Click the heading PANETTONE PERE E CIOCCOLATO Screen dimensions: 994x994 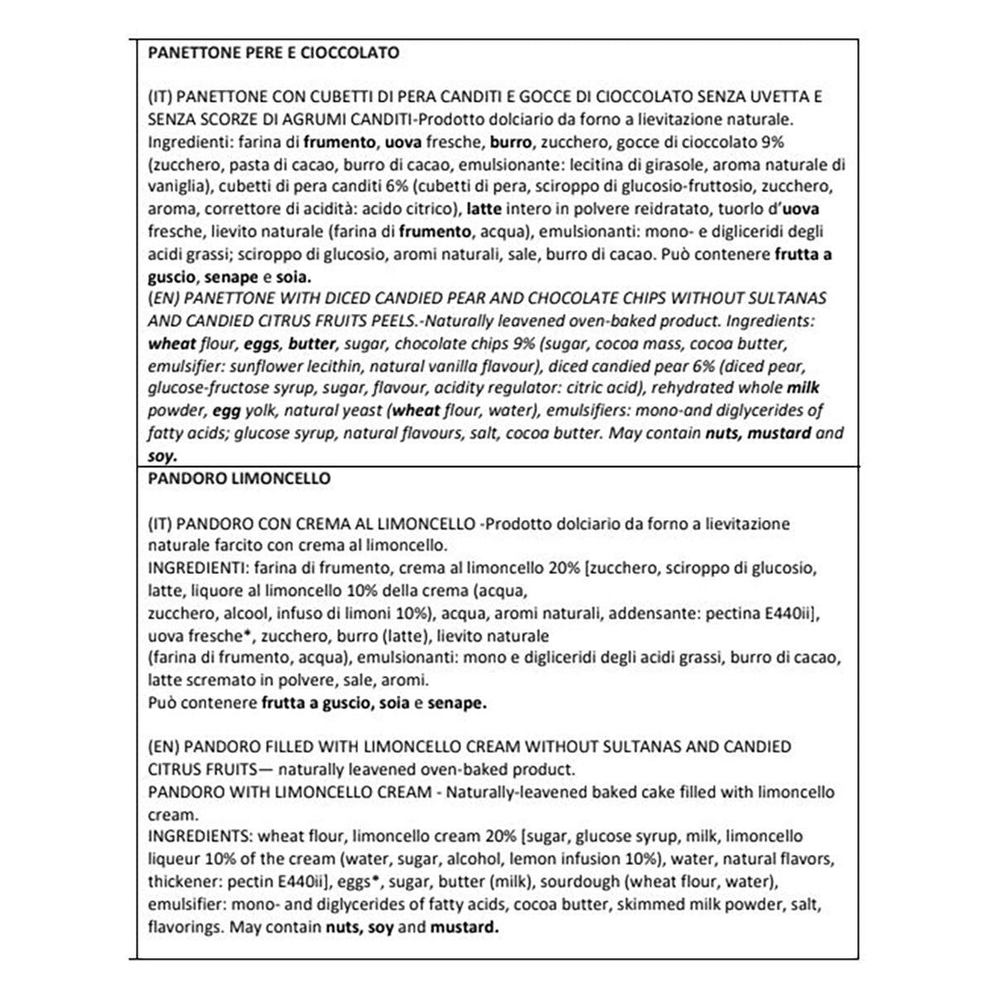click(x=273, y=53)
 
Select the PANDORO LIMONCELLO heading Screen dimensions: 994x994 click(x=239, y=479)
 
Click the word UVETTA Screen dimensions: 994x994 click(x=777, y=97)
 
